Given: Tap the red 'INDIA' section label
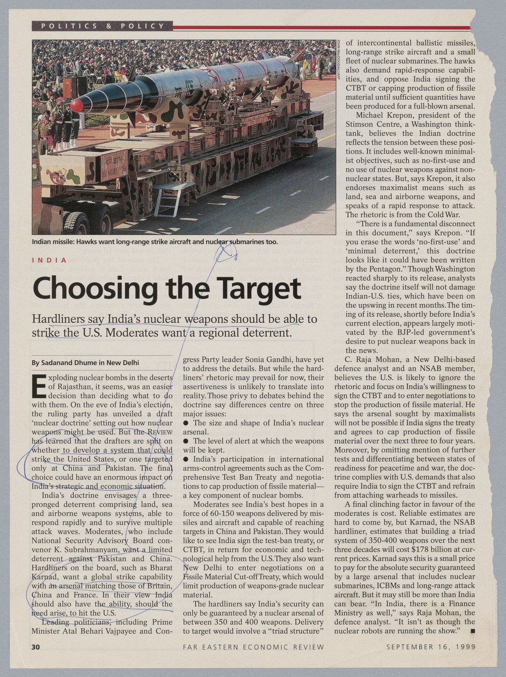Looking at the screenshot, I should pyautogui.click(x=49, y=260).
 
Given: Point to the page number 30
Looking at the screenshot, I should pyautogui.click(x=36, y=647).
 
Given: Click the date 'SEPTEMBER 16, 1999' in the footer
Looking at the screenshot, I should pyautogui.click(x=431, y=647).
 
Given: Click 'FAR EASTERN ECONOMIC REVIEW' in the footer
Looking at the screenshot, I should pyautogui.click(x=253, y=647).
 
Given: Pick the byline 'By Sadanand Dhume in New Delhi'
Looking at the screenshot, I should pyautogui.click(x=85, y=363).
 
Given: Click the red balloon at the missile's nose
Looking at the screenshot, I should pyautogui.click(x=76, y=105).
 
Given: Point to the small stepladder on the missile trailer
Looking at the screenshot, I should pyautogui.click(x=169, y=199).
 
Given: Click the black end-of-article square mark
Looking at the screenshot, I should pyautogui.click(x=472, y=631).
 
